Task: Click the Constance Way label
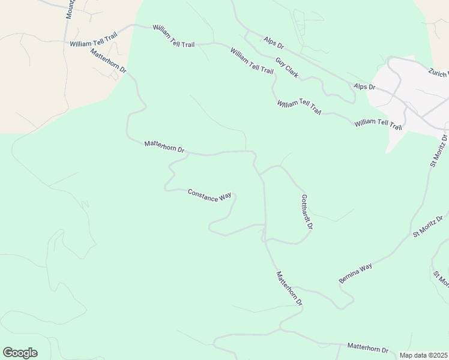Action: tap(209, 196)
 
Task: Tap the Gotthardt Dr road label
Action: tap(307, 212)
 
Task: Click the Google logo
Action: tap(20, 353)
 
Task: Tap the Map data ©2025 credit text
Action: tap(424, 355)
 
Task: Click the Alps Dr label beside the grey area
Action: tap(364, 86)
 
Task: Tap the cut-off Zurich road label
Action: tap(439, 73)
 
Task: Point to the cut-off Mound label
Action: tap(70, 8)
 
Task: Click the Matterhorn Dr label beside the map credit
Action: tap(368, 349)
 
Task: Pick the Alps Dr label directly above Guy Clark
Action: tap(273, 41)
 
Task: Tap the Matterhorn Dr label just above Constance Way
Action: tap(164, 146)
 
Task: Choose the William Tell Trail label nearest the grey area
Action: tap(378, 124)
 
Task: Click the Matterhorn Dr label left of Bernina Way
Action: tap(289, 288)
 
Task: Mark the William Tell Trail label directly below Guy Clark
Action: tap(300, 107)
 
